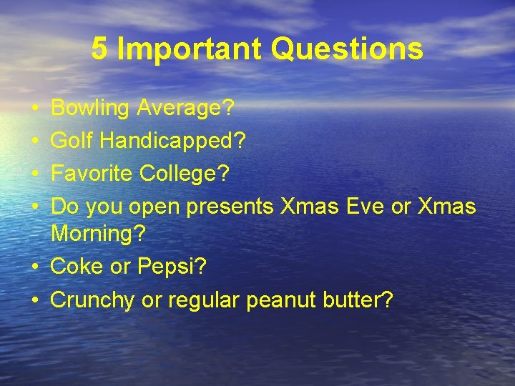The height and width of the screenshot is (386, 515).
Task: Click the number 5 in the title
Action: point(99,49)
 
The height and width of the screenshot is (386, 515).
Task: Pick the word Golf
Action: point(72,141)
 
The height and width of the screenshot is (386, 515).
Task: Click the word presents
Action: point(230,207)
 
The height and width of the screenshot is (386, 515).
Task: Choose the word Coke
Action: point(75,267)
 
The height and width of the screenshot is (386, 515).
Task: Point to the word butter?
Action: point(358,300)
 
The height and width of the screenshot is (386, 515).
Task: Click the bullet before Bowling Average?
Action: point(35,109)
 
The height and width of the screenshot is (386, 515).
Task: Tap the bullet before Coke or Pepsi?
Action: point(35,267)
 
